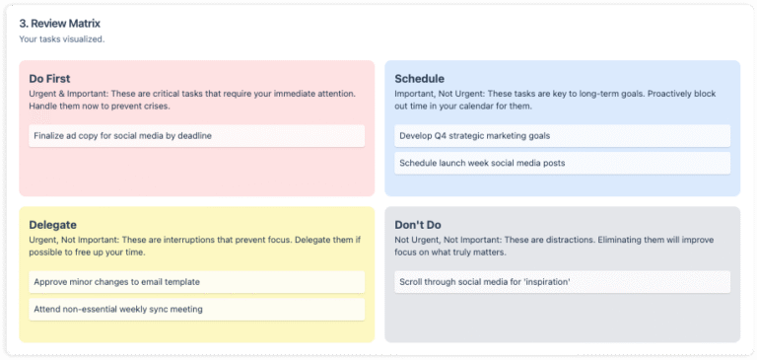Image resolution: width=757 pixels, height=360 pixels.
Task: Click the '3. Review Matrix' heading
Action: point(59,23)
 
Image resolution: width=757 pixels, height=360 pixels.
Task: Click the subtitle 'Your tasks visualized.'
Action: point(61,39)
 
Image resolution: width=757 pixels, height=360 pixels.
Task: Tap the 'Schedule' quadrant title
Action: point(419,78)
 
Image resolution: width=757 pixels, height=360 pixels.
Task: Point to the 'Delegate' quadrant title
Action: point(53,225)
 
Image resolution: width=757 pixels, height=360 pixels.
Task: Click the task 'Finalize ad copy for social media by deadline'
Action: point(122,135)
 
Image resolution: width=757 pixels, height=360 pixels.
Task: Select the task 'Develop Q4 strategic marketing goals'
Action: point(474,135)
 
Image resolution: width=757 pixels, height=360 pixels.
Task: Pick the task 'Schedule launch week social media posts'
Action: point(481,162)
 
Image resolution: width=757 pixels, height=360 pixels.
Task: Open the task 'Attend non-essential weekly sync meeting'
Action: point(118,309)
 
